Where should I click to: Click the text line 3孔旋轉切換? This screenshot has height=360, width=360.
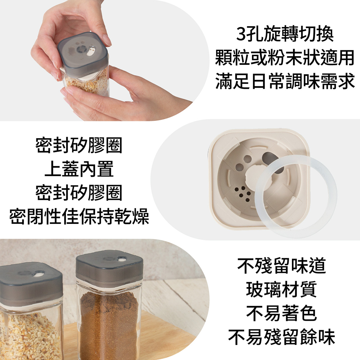click(x=285, y=34)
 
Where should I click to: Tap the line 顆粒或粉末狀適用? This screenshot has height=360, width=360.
click(x=285, y=58)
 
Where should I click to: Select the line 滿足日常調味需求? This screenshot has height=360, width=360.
click(x=285, y=81)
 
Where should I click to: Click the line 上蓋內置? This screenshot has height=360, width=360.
click(x=79, y=169)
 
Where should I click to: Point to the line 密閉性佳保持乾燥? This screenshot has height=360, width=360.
click(x=79, y=216)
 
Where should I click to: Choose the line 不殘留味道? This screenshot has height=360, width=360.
click(x=282, y=266)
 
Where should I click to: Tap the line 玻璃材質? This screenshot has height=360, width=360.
click(x=282, y=289)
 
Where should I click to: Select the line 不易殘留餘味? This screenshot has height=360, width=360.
click(x=282, y=337)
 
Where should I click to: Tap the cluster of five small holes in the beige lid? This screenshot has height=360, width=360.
click(x=242, y=194)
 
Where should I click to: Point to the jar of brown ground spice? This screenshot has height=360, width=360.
click(x=109, y=305)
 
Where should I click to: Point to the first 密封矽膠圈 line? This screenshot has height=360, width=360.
click(x=79, y=145)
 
